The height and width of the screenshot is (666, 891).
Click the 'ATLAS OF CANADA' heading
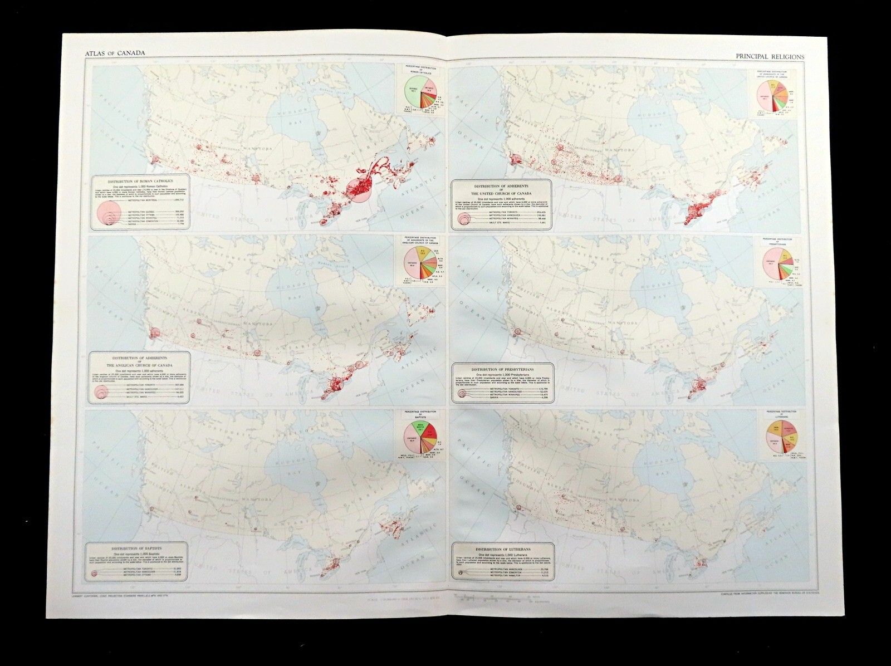[x=109, y=53]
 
